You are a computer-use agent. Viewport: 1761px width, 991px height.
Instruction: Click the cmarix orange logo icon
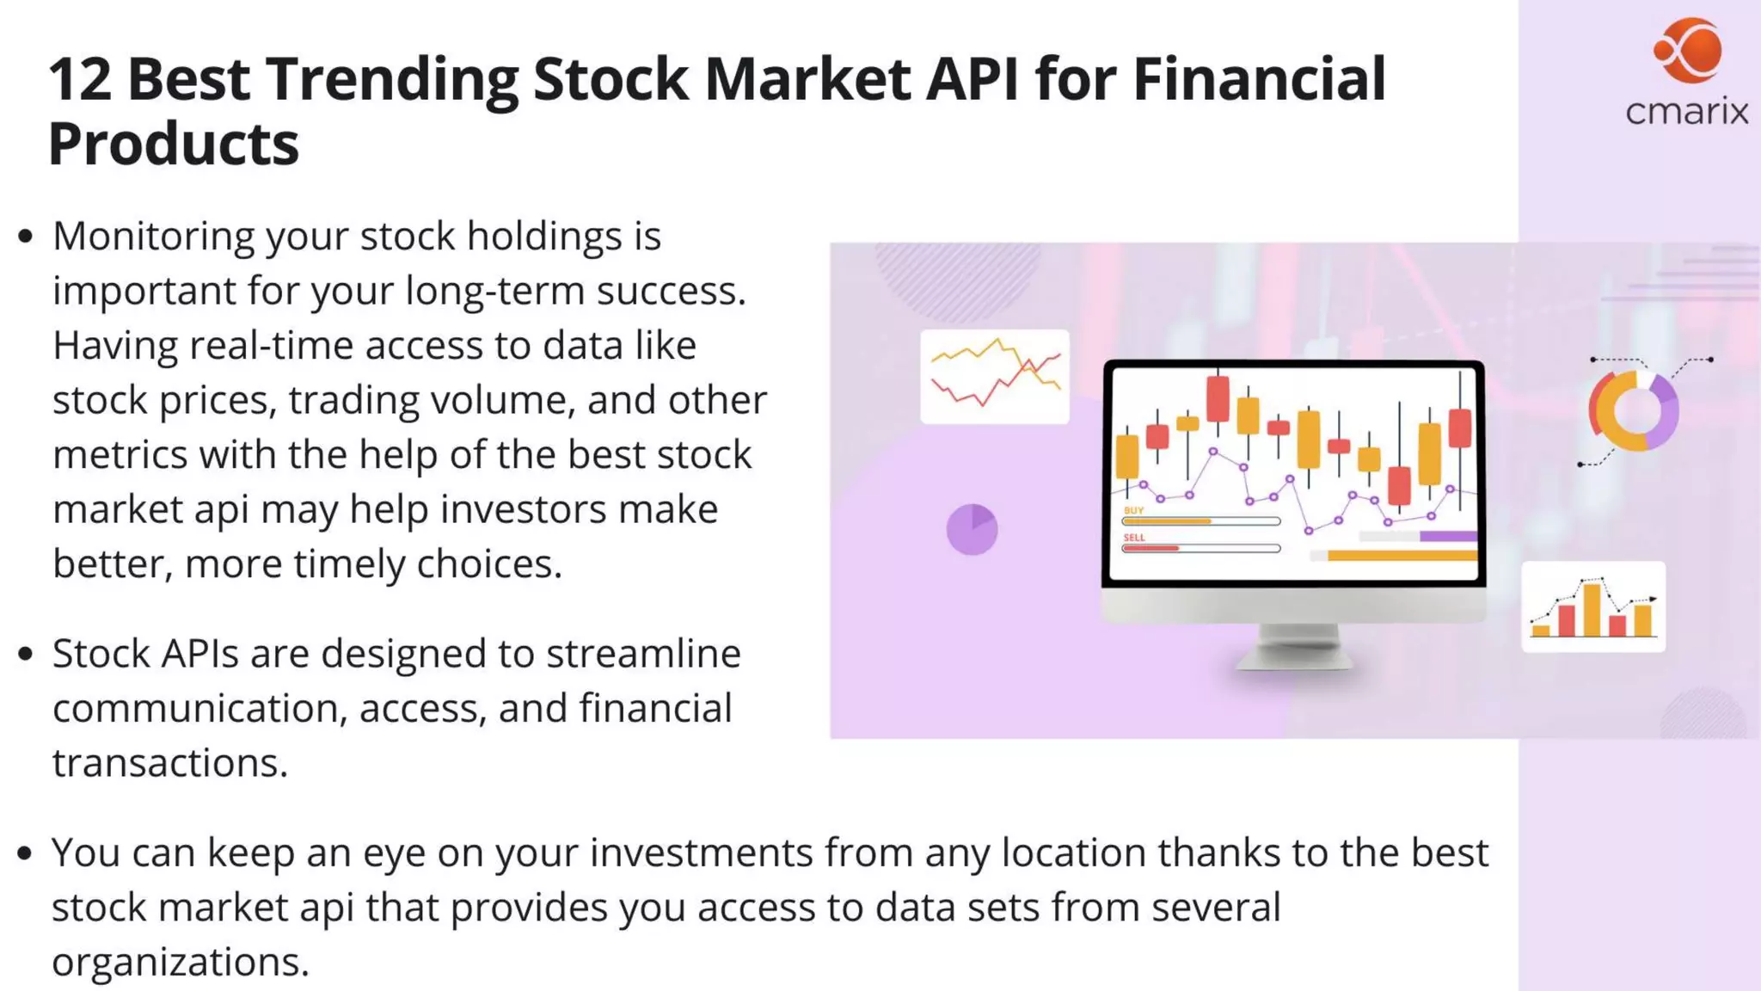click(1688, 50)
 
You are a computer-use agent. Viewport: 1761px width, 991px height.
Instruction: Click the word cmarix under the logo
click(1686, 112)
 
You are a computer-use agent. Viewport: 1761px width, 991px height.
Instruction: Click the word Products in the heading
click(174, 144)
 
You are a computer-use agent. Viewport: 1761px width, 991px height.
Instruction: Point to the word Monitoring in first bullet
click(153, 237)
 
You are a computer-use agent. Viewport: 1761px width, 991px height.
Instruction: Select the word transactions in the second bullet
click(169, 763)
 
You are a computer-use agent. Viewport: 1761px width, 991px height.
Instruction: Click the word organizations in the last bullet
click(180, 962)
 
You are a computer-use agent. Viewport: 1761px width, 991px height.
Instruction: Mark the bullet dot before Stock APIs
click(26, 655)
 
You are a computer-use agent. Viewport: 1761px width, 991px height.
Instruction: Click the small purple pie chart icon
click(972, 529)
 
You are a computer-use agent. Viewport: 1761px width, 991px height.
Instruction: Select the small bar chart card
click(1593, 606)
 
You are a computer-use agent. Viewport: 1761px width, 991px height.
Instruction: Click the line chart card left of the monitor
click(995, 376)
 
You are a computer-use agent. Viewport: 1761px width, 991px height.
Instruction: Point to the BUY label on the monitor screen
click(1133, 510)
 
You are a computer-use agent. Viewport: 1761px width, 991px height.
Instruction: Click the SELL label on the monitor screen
click(1134, 538)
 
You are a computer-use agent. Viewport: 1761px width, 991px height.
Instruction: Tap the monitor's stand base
click(1294, 658)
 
